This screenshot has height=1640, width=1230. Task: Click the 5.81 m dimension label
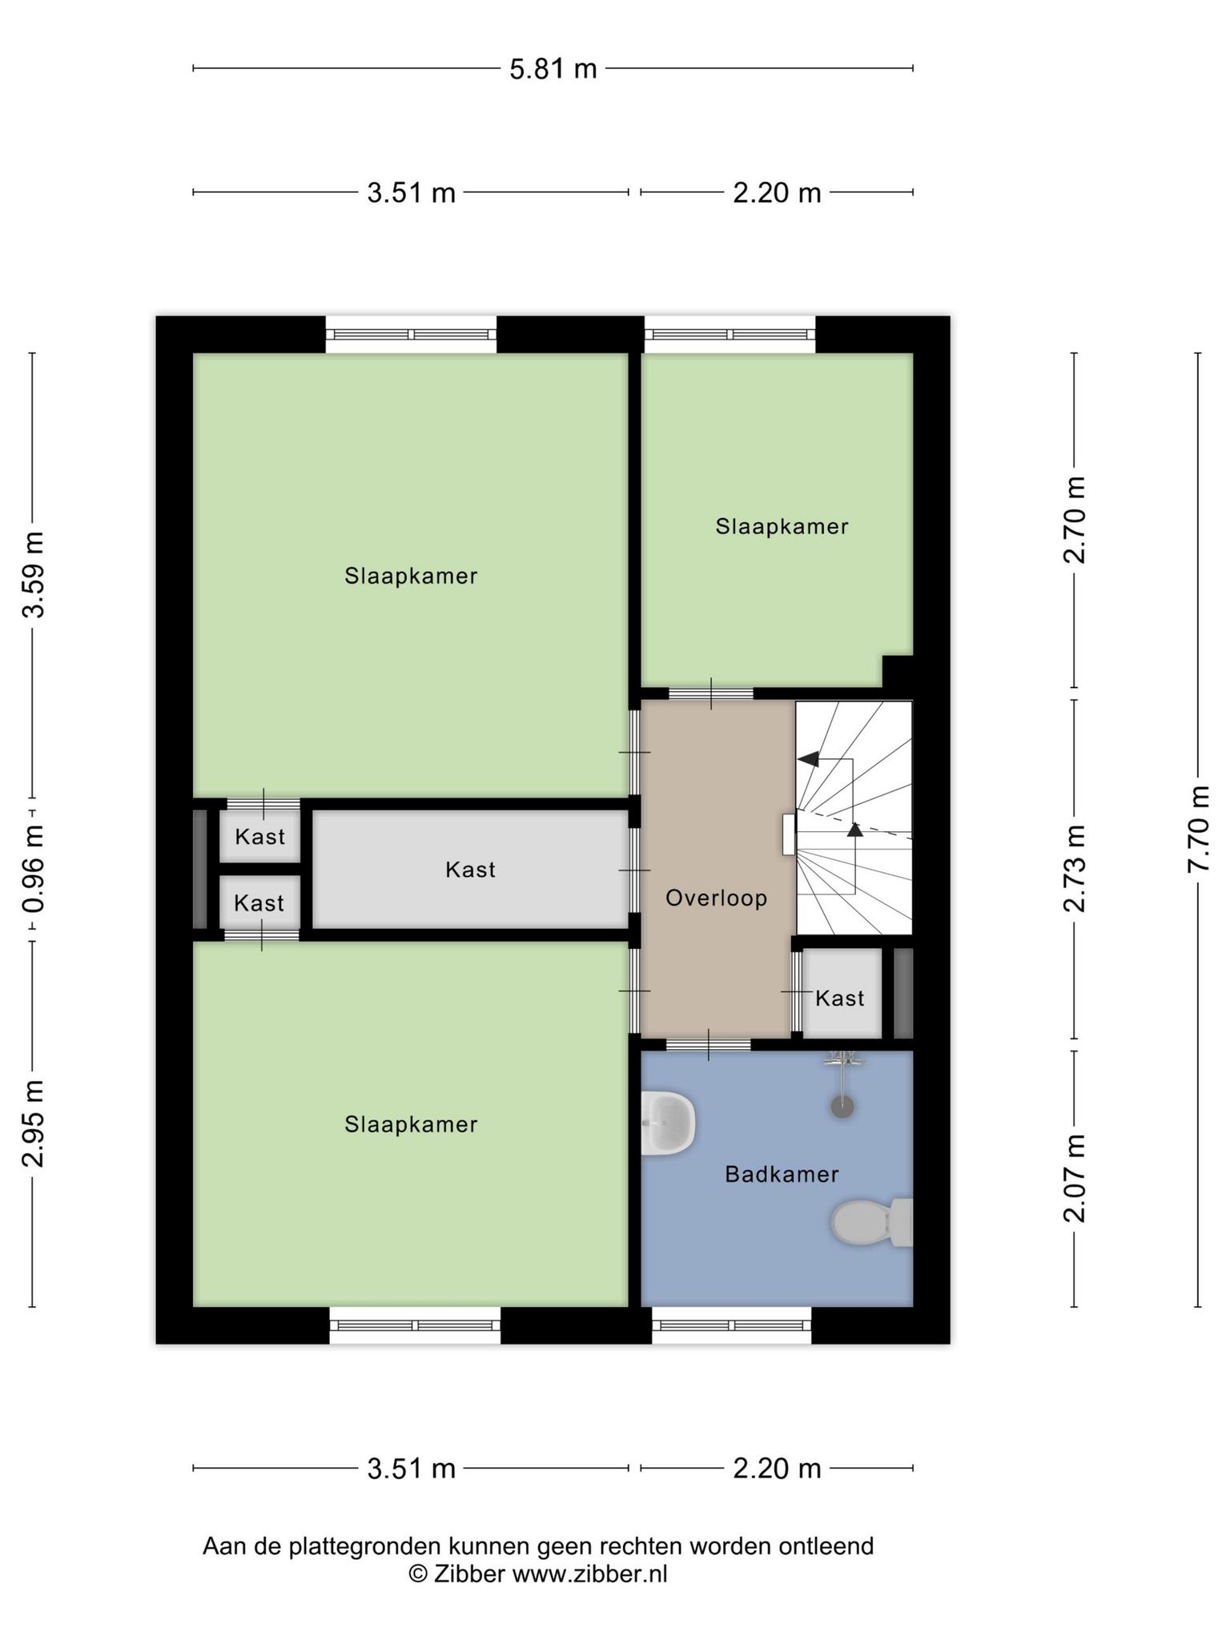553,69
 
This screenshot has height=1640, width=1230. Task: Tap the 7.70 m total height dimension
1199,830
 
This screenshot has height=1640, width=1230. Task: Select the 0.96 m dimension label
33,870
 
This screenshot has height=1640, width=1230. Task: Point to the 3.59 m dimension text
33,575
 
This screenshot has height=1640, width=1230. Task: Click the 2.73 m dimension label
1075,868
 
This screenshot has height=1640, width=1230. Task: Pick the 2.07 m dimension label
1075,1178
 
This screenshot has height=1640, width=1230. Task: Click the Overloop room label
717,898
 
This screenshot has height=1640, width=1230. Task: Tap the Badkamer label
782,1175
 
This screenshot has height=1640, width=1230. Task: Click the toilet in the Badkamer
872,1222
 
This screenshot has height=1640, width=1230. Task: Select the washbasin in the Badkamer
667,1123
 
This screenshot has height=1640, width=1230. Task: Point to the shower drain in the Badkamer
842,1107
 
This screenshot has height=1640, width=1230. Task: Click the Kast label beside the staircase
840,998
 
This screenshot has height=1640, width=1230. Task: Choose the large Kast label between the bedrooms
470,870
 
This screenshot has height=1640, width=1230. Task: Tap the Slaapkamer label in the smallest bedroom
782,526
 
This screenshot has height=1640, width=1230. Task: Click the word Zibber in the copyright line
469,1574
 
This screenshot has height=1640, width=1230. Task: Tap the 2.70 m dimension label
1075,521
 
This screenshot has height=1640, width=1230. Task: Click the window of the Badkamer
731,1325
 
